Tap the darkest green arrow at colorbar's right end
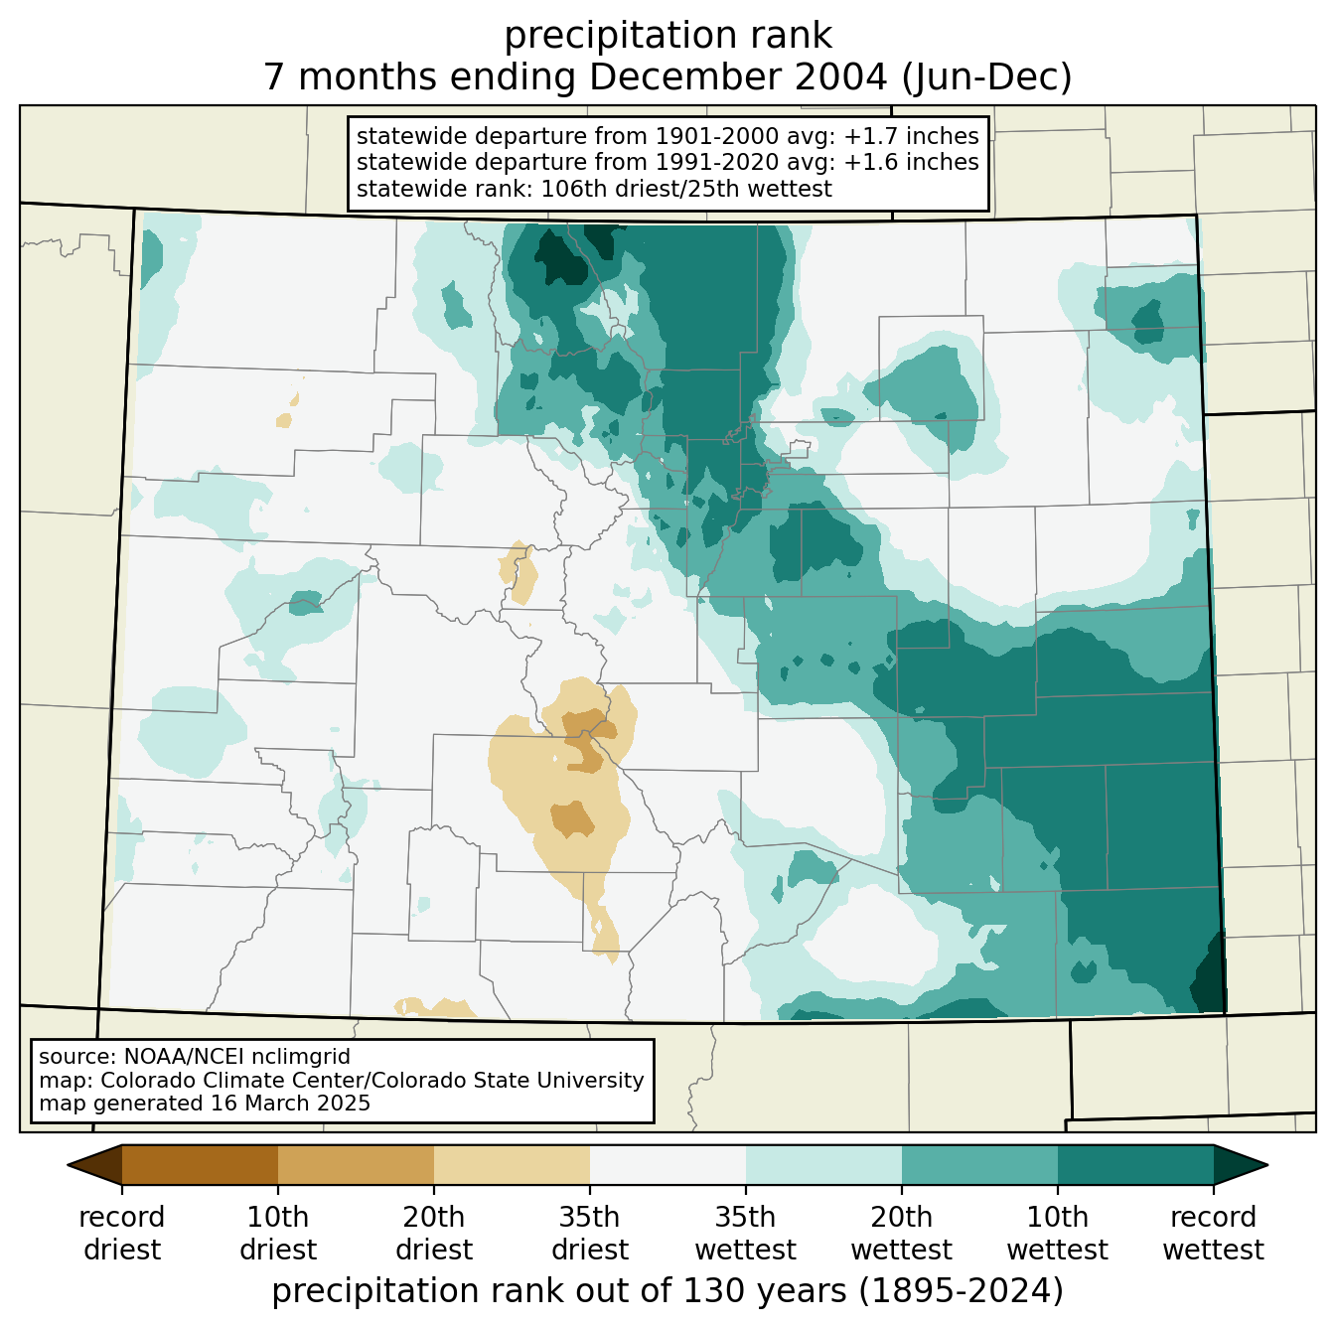point(1240,1164)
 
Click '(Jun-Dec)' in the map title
point(986,77)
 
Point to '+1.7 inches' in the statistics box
point(911,136)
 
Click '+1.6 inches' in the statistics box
point(911,162)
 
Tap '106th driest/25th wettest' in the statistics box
point(685,189)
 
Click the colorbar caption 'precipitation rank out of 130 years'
point(560,1290)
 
